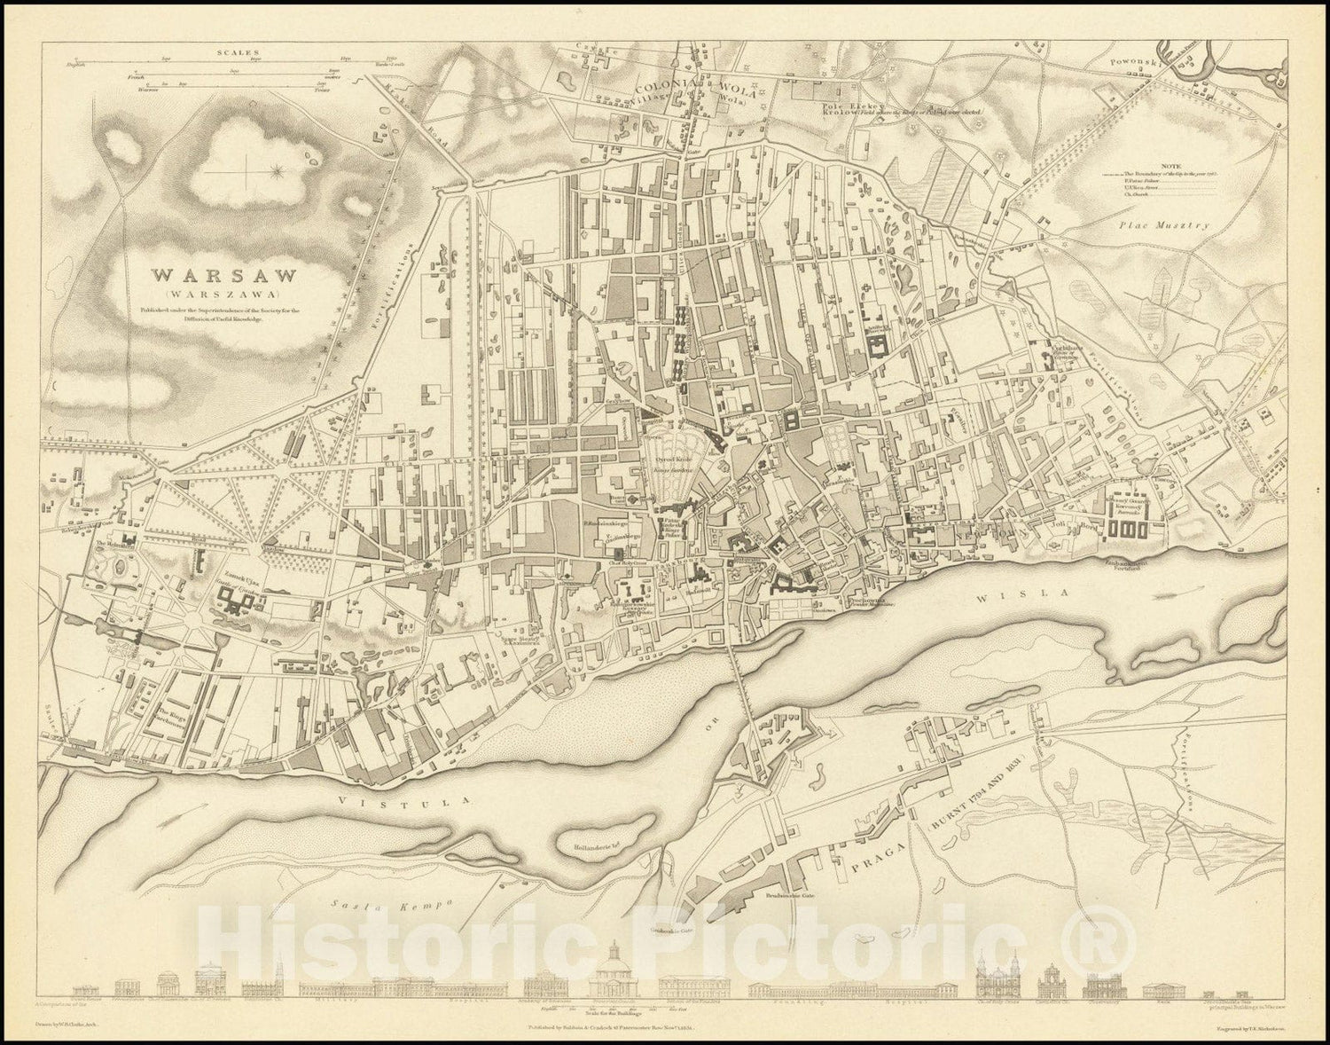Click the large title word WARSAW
click(x=210, y=275)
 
